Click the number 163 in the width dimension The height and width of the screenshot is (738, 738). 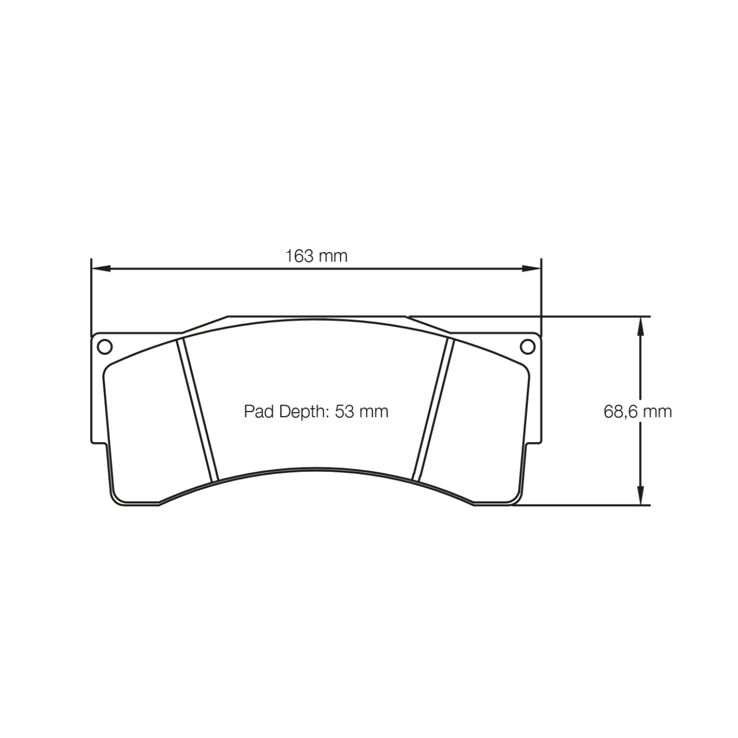click(x=299, y=256)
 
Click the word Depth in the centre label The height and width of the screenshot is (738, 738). click(x=301, y=411)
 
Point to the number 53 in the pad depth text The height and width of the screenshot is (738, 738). click(x=344, y=411)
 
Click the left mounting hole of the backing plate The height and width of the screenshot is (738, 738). click(x=104, y=347)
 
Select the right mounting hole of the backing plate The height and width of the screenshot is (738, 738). click(x=528, y=347)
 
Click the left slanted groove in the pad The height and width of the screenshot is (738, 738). click(x=197, y=410)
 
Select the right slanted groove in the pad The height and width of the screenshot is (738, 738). click(x=434, y=410)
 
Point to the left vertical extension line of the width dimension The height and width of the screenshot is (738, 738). click(x=91, y=295)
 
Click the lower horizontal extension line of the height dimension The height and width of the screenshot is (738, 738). click(x=579, y=505)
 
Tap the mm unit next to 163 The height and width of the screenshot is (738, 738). click(x=332, y=256)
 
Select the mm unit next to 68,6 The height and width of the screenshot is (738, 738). click(x=657, y=411)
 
